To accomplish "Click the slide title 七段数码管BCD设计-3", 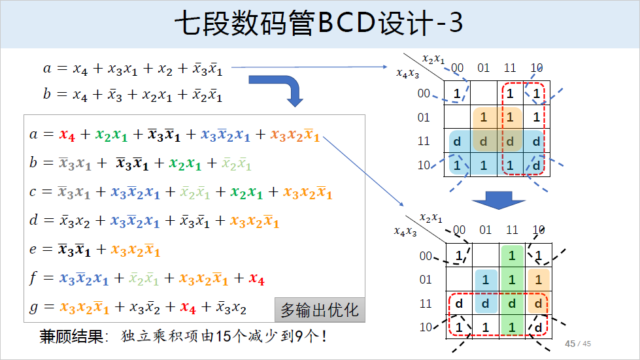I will click(x=319, y=24).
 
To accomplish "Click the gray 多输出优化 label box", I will click(x=320, y=310).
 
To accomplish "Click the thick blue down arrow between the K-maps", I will click(x=499, y=199).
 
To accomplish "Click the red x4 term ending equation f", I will click(x=256, y=279).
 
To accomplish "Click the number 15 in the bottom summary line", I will click(x=224, y=337).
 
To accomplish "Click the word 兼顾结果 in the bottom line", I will click(x=71, y=337).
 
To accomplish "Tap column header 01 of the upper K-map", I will click(x=483, y=68).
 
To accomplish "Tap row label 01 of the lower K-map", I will click(x=426, y=280).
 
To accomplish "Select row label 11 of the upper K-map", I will click(x=424, y=141).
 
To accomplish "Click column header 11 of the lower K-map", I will click(x=512, y=230).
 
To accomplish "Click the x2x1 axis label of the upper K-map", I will click(x=433, y=59).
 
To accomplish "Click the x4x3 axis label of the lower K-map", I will click(x=405, y=231).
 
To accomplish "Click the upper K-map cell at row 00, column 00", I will click(x=457, y=93).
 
